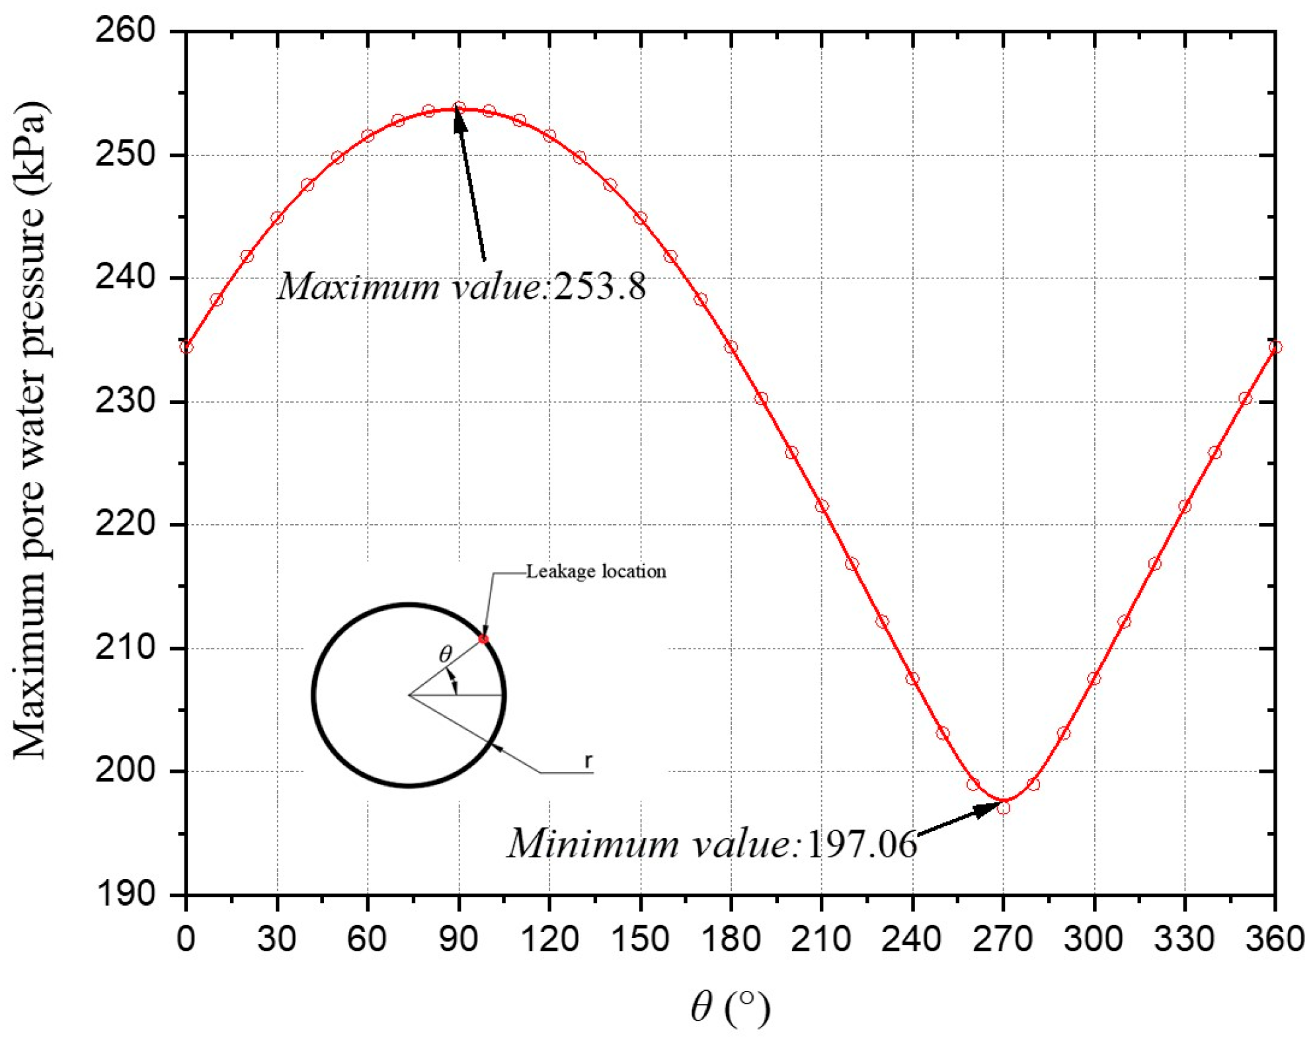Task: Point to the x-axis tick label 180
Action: click(730, 939)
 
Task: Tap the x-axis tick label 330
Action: click(1184, 939)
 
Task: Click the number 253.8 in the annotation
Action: click(600, 287)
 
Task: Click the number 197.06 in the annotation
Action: click(861, 844)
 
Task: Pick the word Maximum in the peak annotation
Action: click(358, 287)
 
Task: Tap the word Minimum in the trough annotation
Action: click(592, 844)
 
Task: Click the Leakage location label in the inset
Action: click(596, 571)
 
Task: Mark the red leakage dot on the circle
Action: click(483, 639)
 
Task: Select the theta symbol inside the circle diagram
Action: click(445, 654)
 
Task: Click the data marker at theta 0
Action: click(186, 347)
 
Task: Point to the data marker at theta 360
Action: click(1275, 347)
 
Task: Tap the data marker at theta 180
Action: click(731, 347)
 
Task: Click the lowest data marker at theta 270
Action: click(1003, 808)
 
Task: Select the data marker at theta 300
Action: click(1094, 679)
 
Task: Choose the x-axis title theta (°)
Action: click(730, 1007)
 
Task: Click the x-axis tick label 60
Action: click(367, 939)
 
